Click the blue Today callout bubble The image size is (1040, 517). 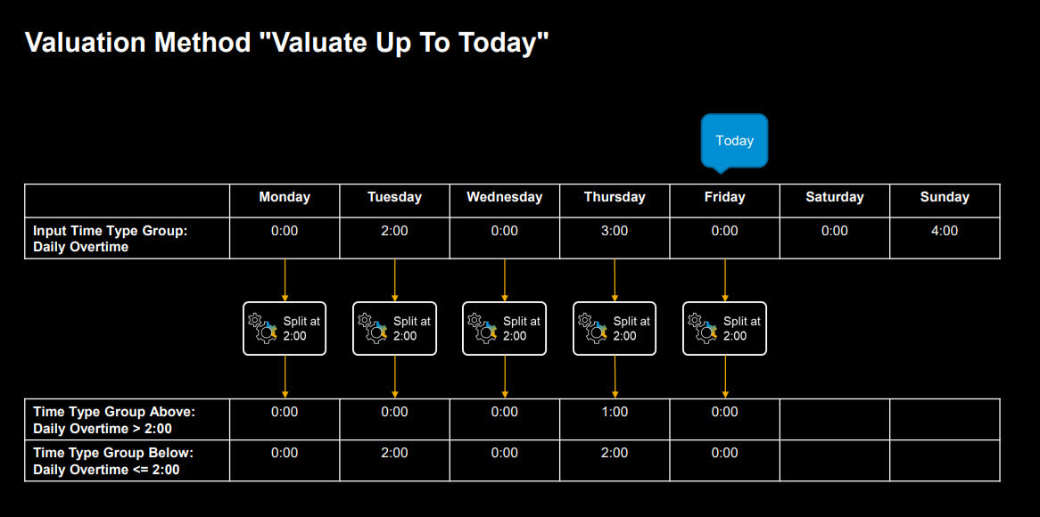click(734, 141)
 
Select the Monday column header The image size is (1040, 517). click(285, 197)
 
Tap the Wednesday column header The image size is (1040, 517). click(505, 197)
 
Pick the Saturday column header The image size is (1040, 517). click(834, 197)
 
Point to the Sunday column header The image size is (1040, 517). click(945, 197)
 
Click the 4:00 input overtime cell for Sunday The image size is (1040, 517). click(945, 231)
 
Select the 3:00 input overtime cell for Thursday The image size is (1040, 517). click(615, 231)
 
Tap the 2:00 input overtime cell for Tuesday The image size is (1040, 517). click(394, 231)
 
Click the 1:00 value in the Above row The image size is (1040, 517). click(615, 412)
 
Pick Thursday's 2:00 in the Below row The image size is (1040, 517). click(615, 453)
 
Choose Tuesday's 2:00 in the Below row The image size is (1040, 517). click(394, 453)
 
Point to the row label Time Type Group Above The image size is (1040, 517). click(114, 412)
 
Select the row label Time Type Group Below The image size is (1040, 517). click(113, 453)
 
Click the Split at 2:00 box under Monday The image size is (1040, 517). click(285, 329)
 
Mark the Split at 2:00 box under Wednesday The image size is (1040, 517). click(505, 329)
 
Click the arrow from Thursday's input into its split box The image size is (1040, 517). click(615, 281)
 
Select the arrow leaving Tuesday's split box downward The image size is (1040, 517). click(394, 376)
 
